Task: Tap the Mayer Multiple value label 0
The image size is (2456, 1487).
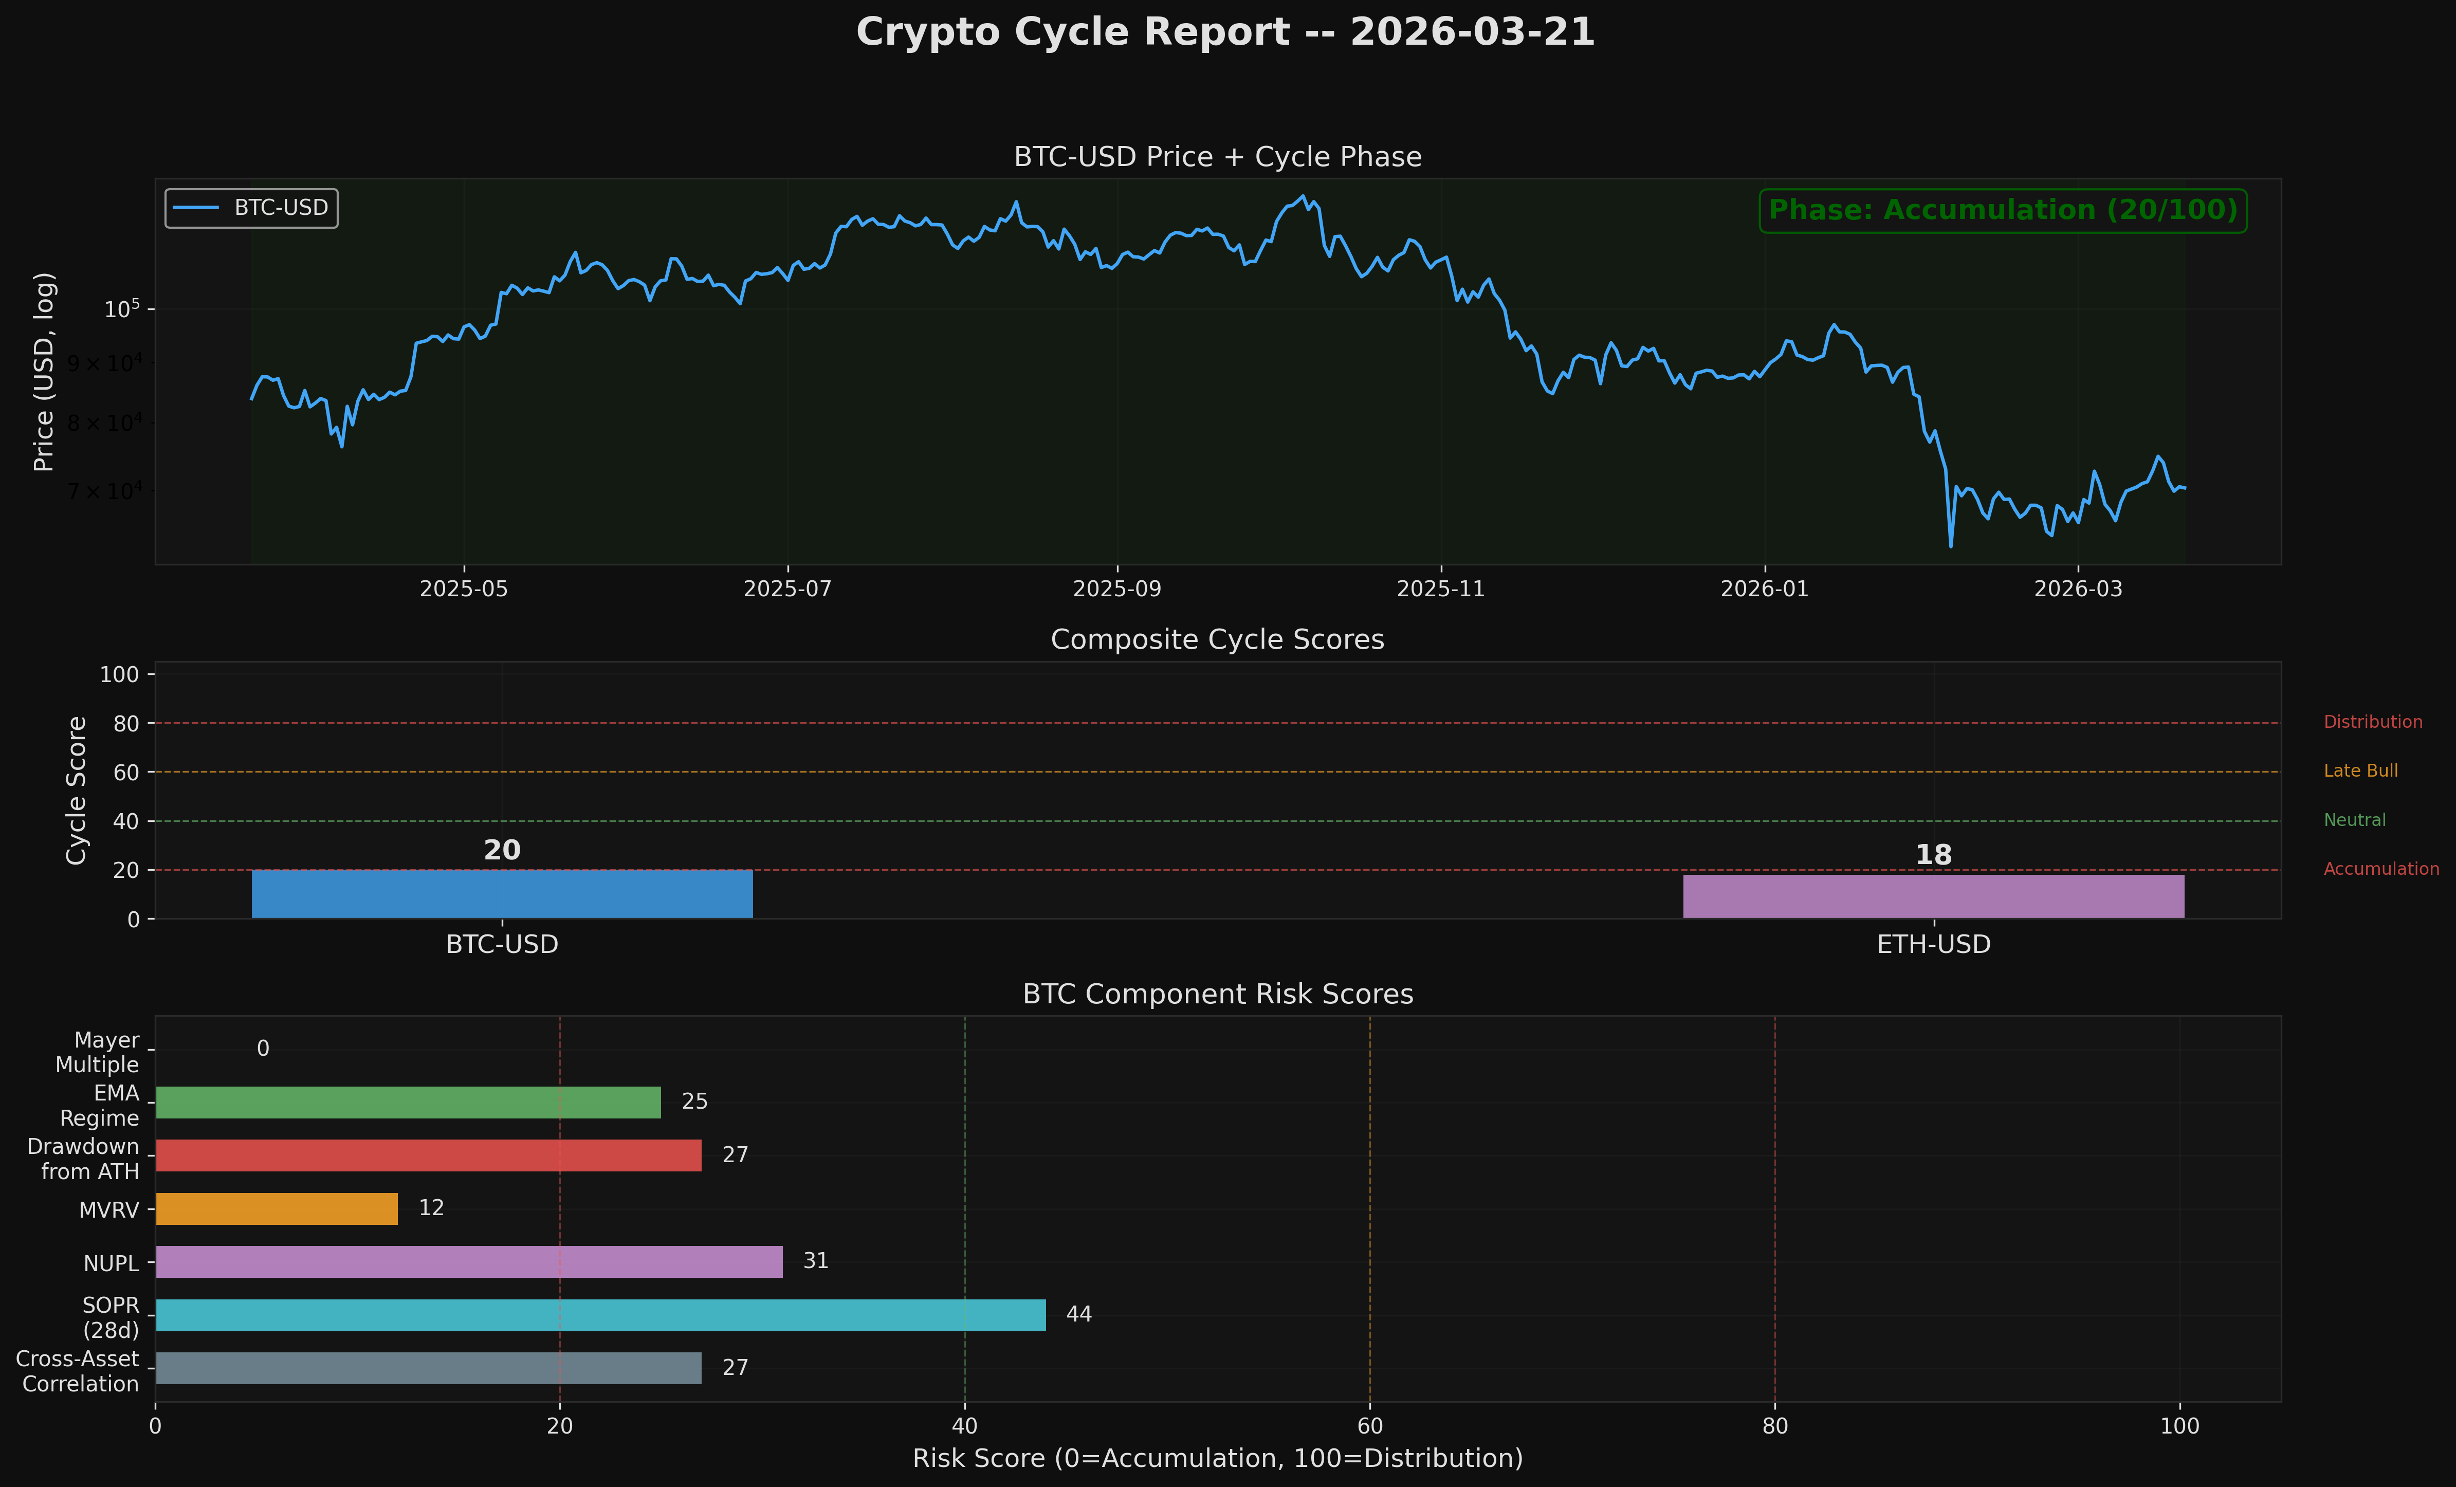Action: pyautogui.click(x=263, y=1049)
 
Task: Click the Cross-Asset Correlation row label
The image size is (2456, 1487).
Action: pyautogui.click(x=78, y=1371)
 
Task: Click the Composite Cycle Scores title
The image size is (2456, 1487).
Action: pyautogui.click(x=1217, y=640)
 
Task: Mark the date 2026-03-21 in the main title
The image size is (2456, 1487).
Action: pyautogui.click(x=1472, y=32)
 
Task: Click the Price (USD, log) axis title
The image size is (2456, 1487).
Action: pyautogui.click(x=44, y=372)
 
